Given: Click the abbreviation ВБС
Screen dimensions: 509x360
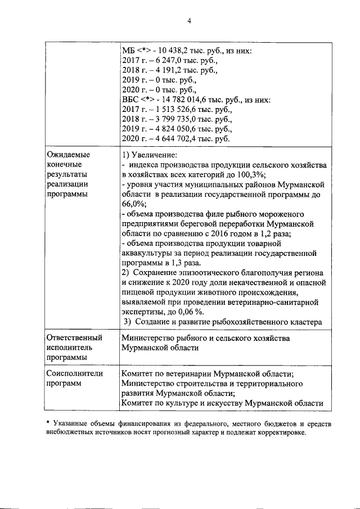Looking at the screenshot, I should [130, 100].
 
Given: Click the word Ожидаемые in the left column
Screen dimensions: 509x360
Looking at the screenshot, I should [68, 154].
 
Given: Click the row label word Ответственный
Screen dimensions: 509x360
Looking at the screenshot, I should [74, 337].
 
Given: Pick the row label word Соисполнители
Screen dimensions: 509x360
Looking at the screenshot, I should [75, 373].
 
